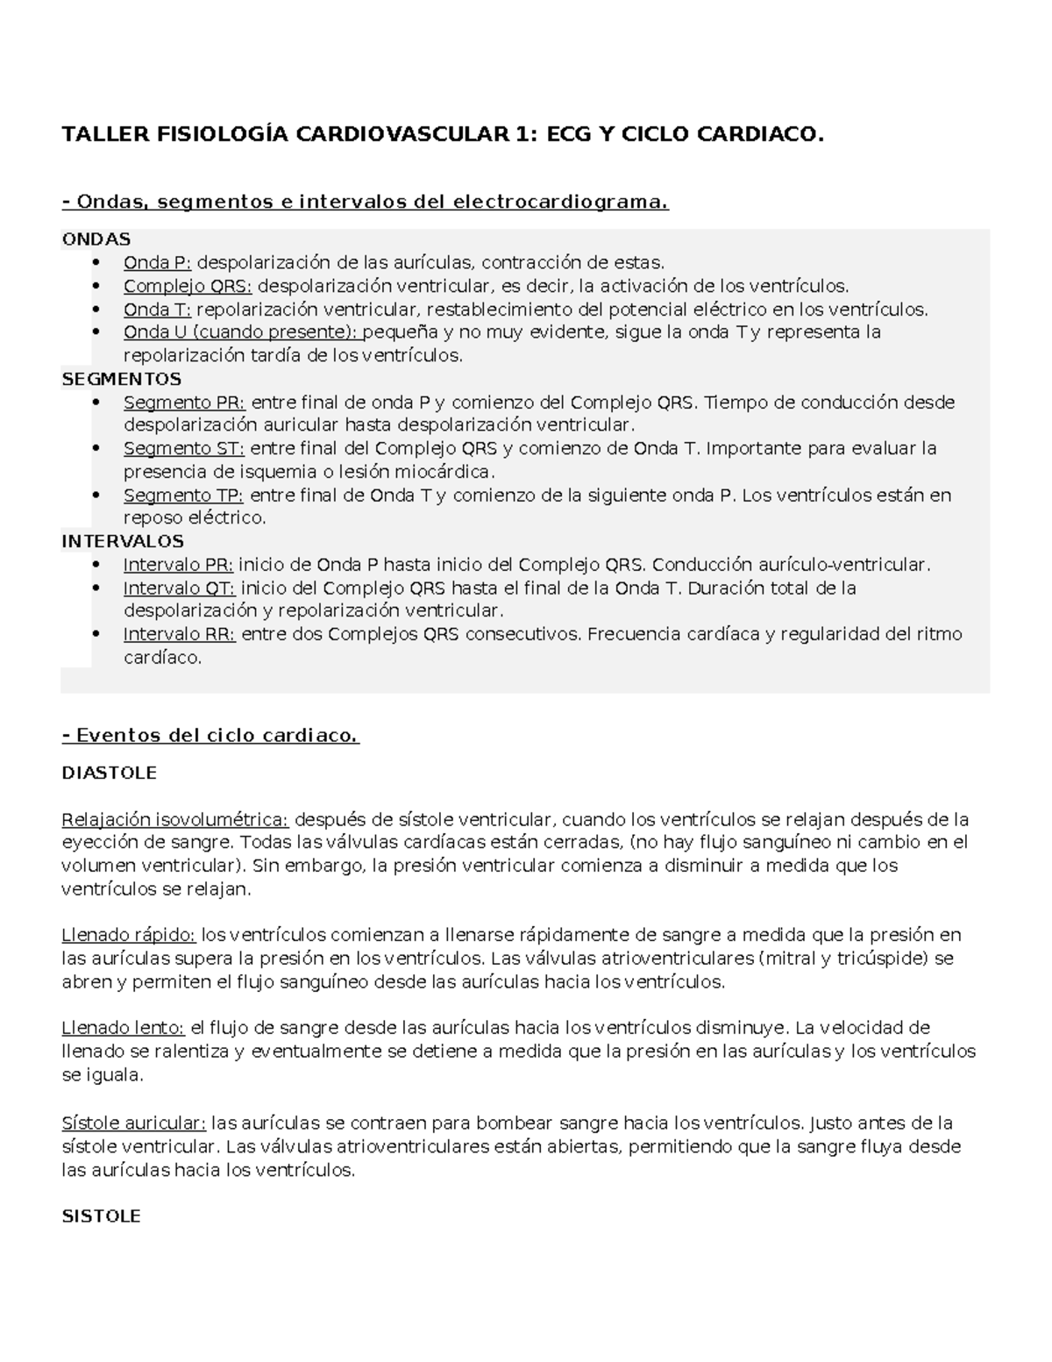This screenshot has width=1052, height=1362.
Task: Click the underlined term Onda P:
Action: click(157, 262)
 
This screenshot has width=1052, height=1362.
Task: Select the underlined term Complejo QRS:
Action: click(188, 286)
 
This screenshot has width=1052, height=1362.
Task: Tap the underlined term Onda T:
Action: click(157, 309)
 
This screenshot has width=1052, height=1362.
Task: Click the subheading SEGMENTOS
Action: click(121, 379)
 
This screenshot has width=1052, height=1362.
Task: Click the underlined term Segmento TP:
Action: click(184, 495)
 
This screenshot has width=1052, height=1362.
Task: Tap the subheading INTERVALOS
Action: click(123, 541)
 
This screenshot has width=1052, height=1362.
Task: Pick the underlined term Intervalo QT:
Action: click(179, 588)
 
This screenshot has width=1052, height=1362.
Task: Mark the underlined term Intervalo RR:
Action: click(179, 634)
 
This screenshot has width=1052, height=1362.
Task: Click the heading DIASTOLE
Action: click(109, 773)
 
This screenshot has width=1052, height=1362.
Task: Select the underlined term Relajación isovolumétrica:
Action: click(174, 820)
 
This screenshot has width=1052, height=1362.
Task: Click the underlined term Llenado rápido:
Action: click(128, 935)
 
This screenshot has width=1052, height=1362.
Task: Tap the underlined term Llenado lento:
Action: click(123, 1027)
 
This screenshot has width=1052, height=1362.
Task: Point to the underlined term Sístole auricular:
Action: click(134, 1123)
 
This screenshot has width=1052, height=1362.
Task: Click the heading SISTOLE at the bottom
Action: click(101, 1216)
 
